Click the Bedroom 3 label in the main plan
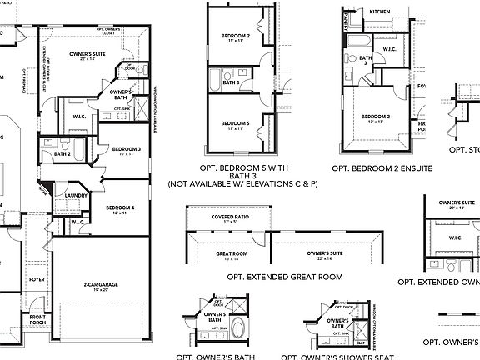tap(128, 148)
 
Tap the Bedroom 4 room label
tap(120, 207)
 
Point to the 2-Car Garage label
tap(101, 284)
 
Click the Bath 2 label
tap(62, 153)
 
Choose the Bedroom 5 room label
tap(236, 122)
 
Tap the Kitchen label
tap(380, 12)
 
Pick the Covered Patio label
tap(231, 217)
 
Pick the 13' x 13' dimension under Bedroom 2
tap(377, 122)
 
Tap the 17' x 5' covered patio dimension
tap(231, 222)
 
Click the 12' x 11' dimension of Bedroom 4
tap(120, 213)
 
